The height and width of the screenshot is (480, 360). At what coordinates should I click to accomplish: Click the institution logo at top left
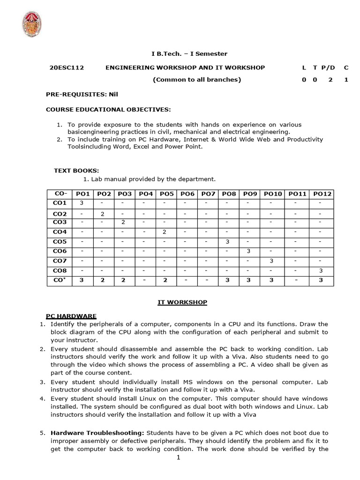(32, 24)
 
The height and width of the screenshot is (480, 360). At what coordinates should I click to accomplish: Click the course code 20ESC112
(67, 67)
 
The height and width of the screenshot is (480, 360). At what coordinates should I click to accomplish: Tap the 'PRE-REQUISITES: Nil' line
(82, 94)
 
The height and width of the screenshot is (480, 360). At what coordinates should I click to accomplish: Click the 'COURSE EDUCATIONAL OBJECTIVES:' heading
(108, 109)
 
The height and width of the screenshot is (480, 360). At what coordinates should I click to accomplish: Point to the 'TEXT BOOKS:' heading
(76, 171)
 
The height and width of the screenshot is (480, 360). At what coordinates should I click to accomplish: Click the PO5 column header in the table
(166, 194)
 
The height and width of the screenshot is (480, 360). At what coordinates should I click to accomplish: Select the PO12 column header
(322, 194)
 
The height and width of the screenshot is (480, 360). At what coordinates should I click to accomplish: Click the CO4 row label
(60, 232)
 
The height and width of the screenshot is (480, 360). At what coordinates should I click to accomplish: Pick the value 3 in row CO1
(82, 203)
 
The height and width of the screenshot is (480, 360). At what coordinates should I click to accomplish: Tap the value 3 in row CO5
(227, 242)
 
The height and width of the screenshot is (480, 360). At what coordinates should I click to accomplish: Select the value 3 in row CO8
(321, 271)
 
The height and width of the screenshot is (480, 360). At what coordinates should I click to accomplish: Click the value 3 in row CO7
(271, 261)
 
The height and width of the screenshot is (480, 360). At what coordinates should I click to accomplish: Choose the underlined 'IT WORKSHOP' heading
(182, 302)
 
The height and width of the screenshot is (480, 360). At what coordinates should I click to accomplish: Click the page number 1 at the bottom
(179, 457)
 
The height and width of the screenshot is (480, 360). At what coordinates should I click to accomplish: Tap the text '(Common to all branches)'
(197, 80)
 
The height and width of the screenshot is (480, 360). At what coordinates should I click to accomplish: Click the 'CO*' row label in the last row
(60, 280)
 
